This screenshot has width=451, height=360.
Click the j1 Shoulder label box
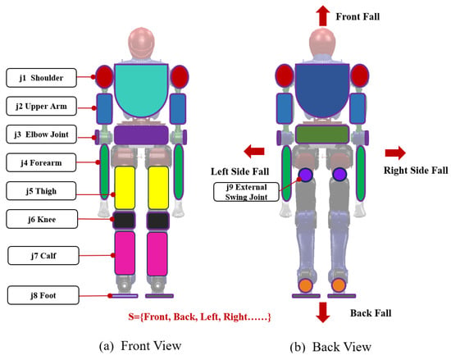tap(42, 78)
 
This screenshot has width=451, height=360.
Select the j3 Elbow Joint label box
tap(42, 134)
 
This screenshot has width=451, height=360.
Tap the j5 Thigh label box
tap(41, 191)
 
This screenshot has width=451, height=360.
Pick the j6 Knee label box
tap(42, 219)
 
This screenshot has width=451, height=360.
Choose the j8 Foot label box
tap(43, 295)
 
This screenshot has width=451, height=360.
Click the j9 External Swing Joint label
tap(246, 192)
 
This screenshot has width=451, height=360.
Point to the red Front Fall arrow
tap(323, 16)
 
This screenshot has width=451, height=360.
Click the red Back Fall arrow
tap(323, 312)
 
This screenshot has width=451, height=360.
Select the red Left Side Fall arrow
tap(254, 151)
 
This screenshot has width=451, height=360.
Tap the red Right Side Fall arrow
tap(395, 153)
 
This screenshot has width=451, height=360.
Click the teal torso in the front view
tap(141, 89)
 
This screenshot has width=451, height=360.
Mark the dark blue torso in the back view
tap(322, 89)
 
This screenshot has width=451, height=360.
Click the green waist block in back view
tap(322, 134)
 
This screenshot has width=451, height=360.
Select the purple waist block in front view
tap(141, 134)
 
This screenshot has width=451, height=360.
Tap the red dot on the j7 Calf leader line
tap(113, 255)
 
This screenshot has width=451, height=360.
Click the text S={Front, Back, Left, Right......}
tap(199, 317)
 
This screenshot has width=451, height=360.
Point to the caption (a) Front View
tap(140, 346)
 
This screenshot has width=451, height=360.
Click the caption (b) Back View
tap(330, 347)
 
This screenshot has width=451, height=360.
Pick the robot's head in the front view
tap(141, 43)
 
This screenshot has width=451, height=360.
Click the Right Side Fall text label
tap(416, 171)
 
